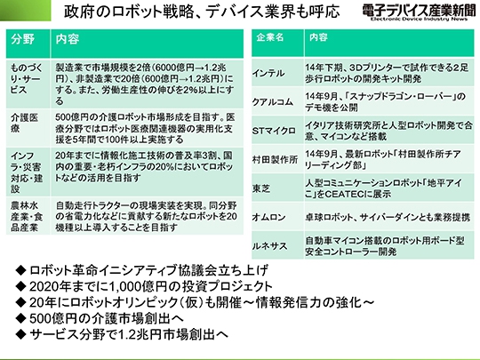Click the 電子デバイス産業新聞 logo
tap(419, 12)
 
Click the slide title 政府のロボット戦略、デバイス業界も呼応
tap(202, 12)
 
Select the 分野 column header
tap(22, 39)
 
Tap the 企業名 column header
tap(270, 37)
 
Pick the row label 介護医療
tap(24, 123)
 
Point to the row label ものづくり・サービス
tap(27, 79)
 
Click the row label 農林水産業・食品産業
tap(27, 216)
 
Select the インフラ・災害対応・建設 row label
tap(27, 172)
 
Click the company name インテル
tap(268, 74)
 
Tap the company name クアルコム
tap(273, 102)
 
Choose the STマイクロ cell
tap(274, 131)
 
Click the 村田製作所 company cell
tap(275, 159)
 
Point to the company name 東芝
tap(261, 188)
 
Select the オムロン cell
tap(268, 217)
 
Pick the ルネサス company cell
tap(269, 246)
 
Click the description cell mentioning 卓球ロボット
tap(388, 217)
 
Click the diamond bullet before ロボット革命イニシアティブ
tap(20, 270)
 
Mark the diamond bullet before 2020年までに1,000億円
tap(20, 286)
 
